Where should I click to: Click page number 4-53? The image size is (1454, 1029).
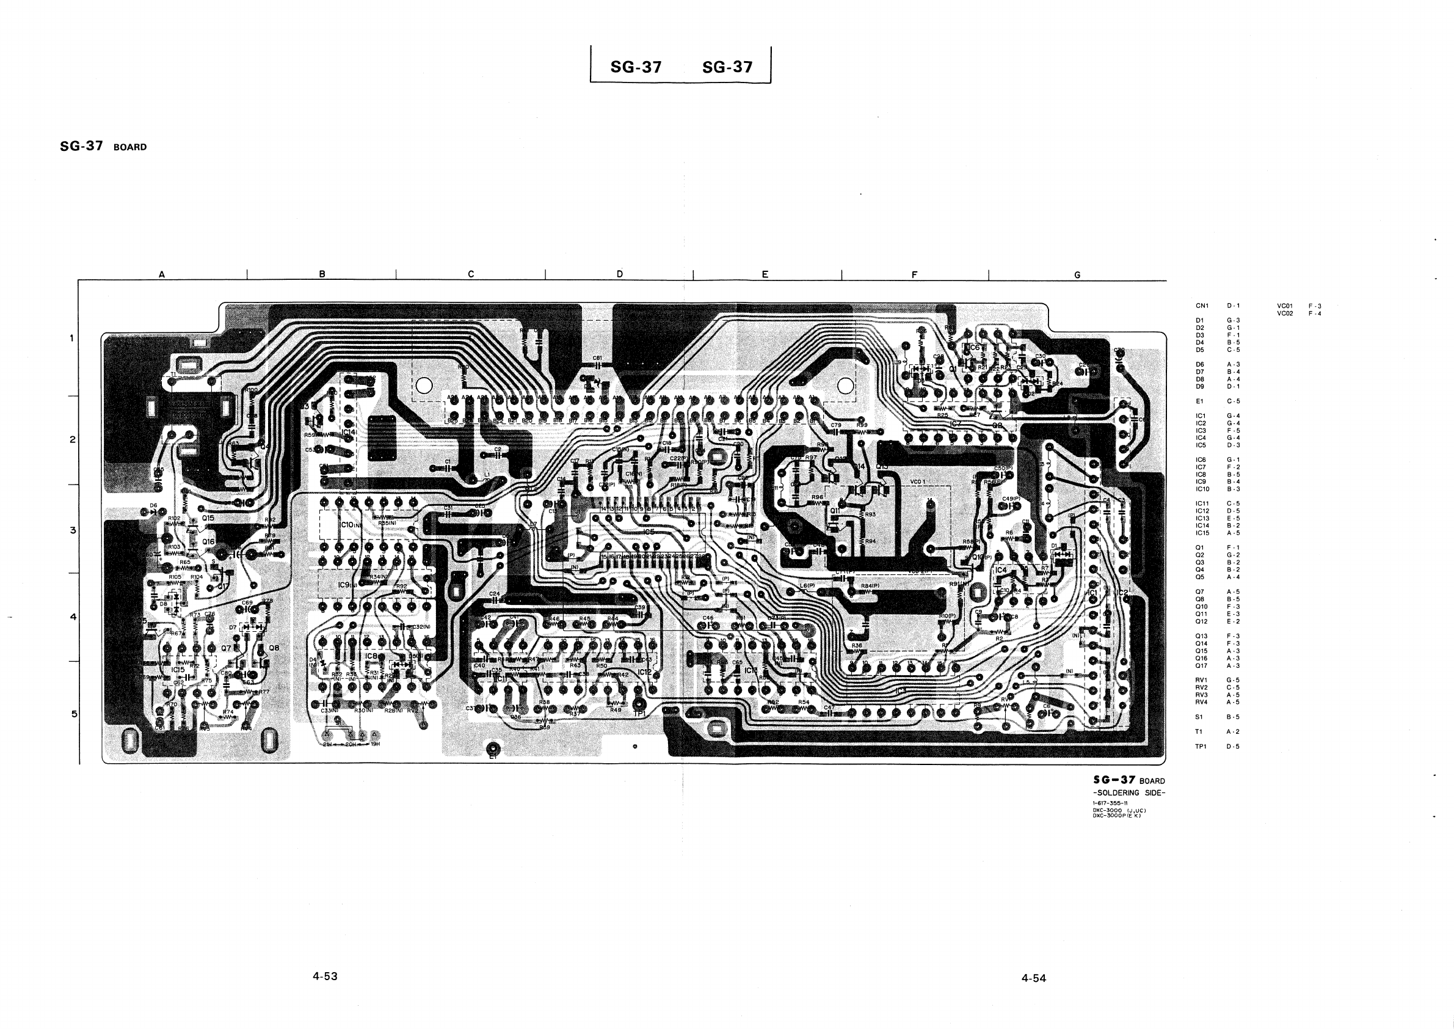tap(325, 976)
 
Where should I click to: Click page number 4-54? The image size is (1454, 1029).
tap(1033, 978)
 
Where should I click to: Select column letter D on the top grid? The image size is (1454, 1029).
tap(619, 274)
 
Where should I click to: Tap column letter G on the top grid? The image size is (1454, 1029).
tap(1077, 275)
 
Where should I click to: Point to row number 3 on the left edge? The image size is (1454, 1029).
tap(73, 530)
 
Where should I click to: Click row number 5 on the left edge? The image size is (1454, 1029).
tap(73, 714)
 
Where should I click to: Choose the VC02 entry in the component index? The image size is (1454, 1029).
tap(1284, 313)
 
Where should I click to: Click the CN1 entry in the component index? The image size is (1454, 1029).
tap(1202, 306)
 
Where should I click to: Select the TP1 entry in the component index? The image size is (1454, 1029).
tap(1201, 747)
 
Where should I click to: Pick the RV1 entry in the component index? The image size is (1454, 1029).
tap(1201, 680)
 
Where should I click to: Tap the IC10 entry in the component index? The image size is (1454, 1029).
tap(1202, 489)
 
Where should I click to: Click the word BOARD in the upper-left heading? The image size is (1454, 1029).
tap(130, 147)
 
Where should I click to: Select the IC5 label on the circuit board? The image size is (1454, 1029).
tap(648, 532)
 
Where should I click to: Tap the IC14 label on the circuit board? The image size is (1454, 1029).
tap(348, 432)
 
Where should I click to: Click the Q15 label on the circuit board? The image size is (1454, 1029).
tap(208, 518)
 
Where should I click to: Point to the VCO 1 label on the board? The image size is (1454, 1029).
tap(918, 482)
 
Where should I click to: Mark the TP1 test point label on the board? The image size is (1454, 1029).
tap(639, 713)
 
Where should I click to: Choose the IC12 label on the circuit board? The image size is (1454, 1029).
tap(644, 672)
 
